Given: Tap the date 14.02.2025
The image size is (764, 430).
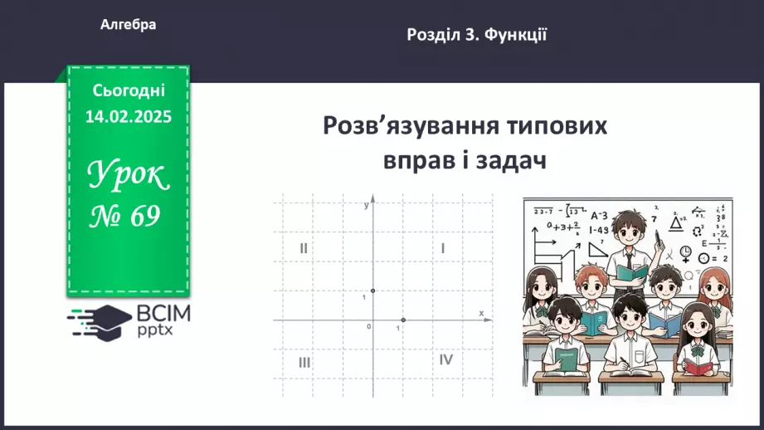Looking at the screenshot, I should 129,117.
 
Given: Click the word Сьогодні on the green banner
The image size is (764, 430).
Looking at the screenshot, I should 129,90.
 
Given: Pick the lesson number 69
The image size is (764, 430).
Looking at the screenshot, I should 144,217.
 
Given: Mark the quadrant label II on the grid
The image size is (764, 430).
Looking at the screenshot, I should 304,247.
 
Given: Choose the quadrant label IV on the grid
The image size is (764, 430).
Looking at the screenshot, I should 446,359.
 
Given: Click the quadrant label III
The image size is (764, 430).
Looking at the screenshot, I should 304,362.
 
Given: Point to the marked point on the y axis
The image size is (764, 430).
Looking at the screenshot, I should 372,291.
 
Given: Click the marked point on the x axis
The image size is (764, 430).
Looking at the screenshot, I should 403,320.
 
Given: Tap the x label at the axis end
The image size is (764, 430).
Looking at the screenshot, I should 481,313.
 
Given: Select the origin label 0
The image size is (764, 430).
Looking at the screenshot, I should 368,327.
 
